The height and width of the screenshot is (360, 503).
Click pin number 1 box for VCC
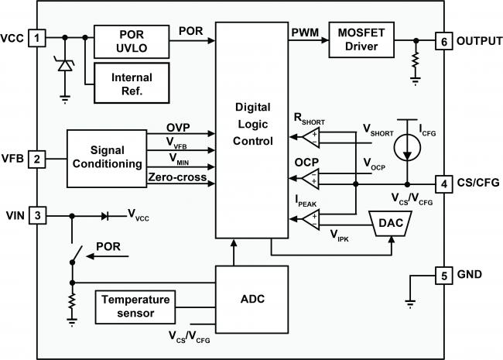pos(36,36)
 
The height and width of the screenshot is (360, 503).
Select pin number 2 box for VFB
pos(36,159)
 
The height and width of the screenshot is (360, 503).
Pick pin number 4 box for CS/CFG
pos(442,184)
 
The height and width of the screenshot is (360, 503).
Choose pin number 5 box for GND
pos(442,275)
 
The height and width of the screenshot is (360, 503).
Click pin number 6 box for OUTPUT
pos(442,40)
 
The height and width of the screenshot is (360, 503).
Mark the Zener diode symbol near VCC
pos(65,67)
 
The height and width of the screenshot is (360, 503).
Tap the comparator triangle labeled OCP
pos(310,180)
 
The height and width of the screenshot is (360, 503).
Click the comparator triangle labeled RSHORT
pos(310,137)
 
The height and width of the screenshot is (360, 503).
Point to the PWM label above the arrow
pos(303,31)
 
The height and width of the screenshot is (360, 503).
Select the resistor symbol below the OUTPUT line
pos(416,60)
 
